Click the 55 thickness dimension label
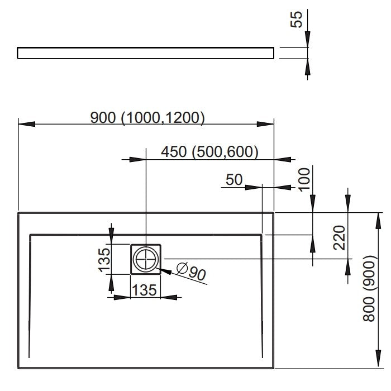(296, 20)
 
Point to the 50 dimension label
(234, 179)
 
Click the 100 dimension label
(304, 179)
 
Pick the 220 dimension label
(339, 237)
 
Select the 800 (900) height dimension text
(369, 288)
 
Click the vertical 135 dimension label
(104, 260)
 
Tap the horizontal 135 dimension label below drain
(144, 290)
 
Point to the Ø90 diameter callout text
(192, 271)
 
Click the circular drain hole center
(146, 259)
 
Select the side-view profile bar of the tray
(146, 53)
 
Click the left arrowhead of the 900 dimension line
(27, 124)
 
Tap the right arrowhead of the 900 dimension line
(265, 124)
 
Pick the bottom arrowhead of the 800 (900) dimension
(378, 359)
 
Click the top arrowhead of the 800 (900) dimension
(378, 221)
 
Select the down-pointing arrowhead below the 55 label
(307, 39)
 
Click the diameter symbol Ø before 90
(182, 268)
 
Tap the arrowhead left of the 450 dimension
(137, 159)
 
